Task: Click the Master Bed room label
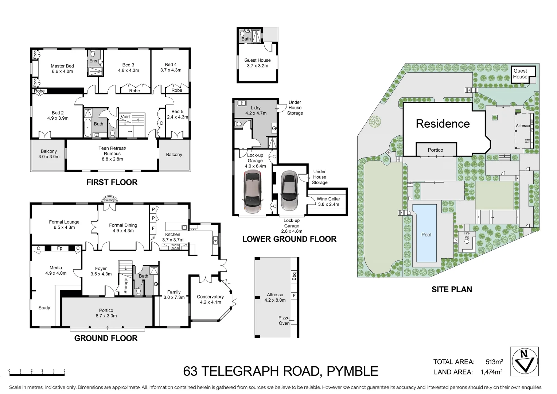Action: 62,69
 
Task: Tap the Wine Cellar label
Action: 328,201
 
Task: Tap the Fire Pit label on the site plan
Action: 467,235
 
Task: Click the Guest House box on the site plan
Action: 520,74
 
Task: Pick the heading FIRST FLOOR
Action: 112,182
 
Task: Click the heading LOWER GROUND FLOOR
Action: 289,239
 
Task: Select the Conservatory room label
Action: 210,299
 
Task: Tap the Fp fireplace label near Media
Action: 60,248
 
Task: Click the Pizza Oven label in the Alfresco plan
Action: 284,320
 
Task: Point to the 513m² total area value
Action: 494,362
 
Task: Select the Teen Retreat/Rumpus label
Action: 112,153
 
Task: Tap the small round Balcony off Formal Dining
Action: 109,200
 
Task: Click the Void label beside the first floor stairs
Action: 125,117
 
